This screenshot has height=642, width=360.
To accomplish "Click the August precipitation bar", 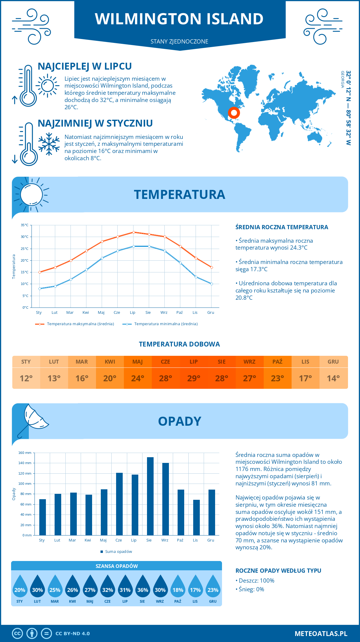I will point(150,496).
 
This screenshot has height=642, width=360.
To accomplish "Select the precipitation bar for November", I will point(196,517).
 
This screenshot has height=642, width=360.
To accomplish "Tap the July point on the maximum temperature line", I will point(133,232).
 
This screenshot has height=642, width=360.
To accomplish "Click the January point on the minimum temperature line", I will point(40,289).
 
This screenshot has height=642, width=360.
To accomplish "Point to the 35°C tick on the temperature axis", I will point(25,225).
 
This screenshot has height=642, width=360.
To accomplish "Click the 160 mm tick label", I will point(25,453).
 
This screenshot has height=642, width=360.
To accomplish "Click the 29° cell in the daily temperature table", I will point(193,378).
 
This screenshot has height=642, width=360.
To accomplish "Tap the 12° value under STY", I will point(26,378).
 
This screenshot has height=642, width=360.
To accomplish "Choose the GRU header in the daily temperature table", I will point(333,362).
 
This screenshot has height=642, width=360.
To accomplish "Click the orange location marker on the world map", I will point(234,113).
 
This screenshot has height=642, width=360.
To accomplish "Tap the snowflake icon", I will point(49,144).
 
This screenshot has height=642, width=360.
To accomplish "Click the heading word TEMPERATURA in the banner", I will point(179,194).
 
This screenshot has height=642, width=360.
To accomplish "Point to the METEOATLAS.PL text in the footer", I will point(321,634).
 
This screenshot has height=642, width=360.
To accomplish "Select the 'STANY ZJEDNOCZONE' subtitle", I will point(179,41).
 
